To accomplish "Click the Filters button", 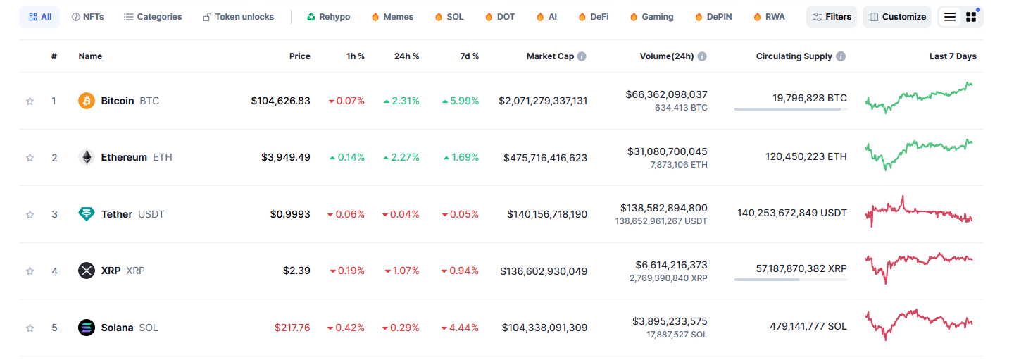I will click(x=831, y=17).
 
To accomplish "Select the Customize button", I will click(x=896, y=17).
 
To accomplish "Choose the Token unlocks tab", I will click(x=238, y=17).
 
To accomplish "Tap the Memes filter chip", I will click(x=392, y=17).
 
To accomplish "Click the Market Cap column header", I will click(x=550, y=56).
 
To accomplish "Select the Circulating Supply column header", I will click(x=794, y=56).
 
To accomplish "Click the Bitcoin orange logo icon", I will click(x=86, y=101).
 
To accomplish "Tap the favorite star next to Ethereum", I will click(x=30, y=158).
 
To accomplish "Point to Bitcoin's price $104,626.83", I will click(x=280, y=101).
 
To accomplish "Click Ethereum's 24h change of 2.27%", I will click(x=401, y=158).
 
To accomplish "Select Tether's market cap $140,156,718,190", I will click(x=546, y=214).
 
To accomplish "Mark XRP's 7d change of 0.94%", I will click(x=460, y=271).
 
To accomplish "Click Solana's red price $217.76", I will click(x=292, y=328).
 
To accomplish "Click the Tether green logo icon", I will click(x=86, y=214).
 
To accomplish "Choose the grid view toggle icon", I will click(x=971, y=17).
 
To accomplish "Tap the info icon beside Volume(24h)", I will click(x=702, y=56).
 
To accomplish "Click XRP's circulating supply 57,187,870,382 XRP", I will click(x=790, y=268).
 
